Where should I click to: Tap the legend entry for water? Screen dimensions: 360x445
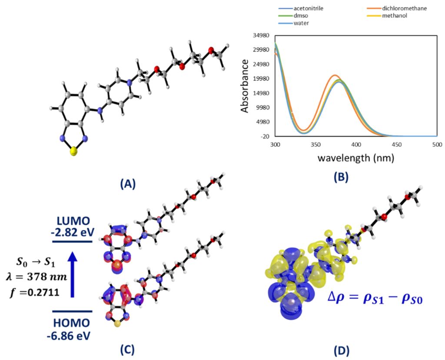[x=301, y=23]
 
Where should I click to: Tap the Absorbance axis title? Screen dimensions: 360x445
[x=245, y=86]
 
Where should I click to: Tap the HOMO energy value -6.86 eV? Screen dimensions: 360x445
[x=71, y=335]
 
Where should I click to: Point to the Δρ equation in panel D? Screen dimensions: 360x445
[x=369, y=299]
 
